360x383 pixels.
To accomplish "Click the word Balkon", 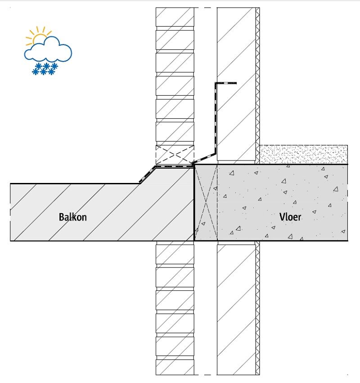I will [72, 217].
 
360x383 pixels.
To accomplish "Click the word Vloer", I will [290, 217].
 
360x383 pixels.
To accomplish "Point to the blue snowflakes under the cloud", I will [45, 69].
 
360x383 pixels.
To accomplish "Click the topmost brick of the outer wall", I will [175, 17].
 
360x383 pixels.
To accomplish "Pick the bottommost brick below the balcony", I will [175, 366].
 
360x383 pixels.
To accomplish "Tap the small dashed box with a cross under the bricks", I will [175, 154].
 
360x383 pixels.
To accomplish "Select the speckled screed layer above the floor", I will [302, 154].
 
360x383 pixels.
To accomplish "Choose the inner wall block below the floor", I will [236, 310].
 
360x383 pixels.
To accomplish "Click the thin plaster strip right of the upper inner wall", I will [258, 81].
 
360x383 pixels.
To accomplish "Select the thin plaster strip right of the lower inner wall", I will [258, 310].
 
